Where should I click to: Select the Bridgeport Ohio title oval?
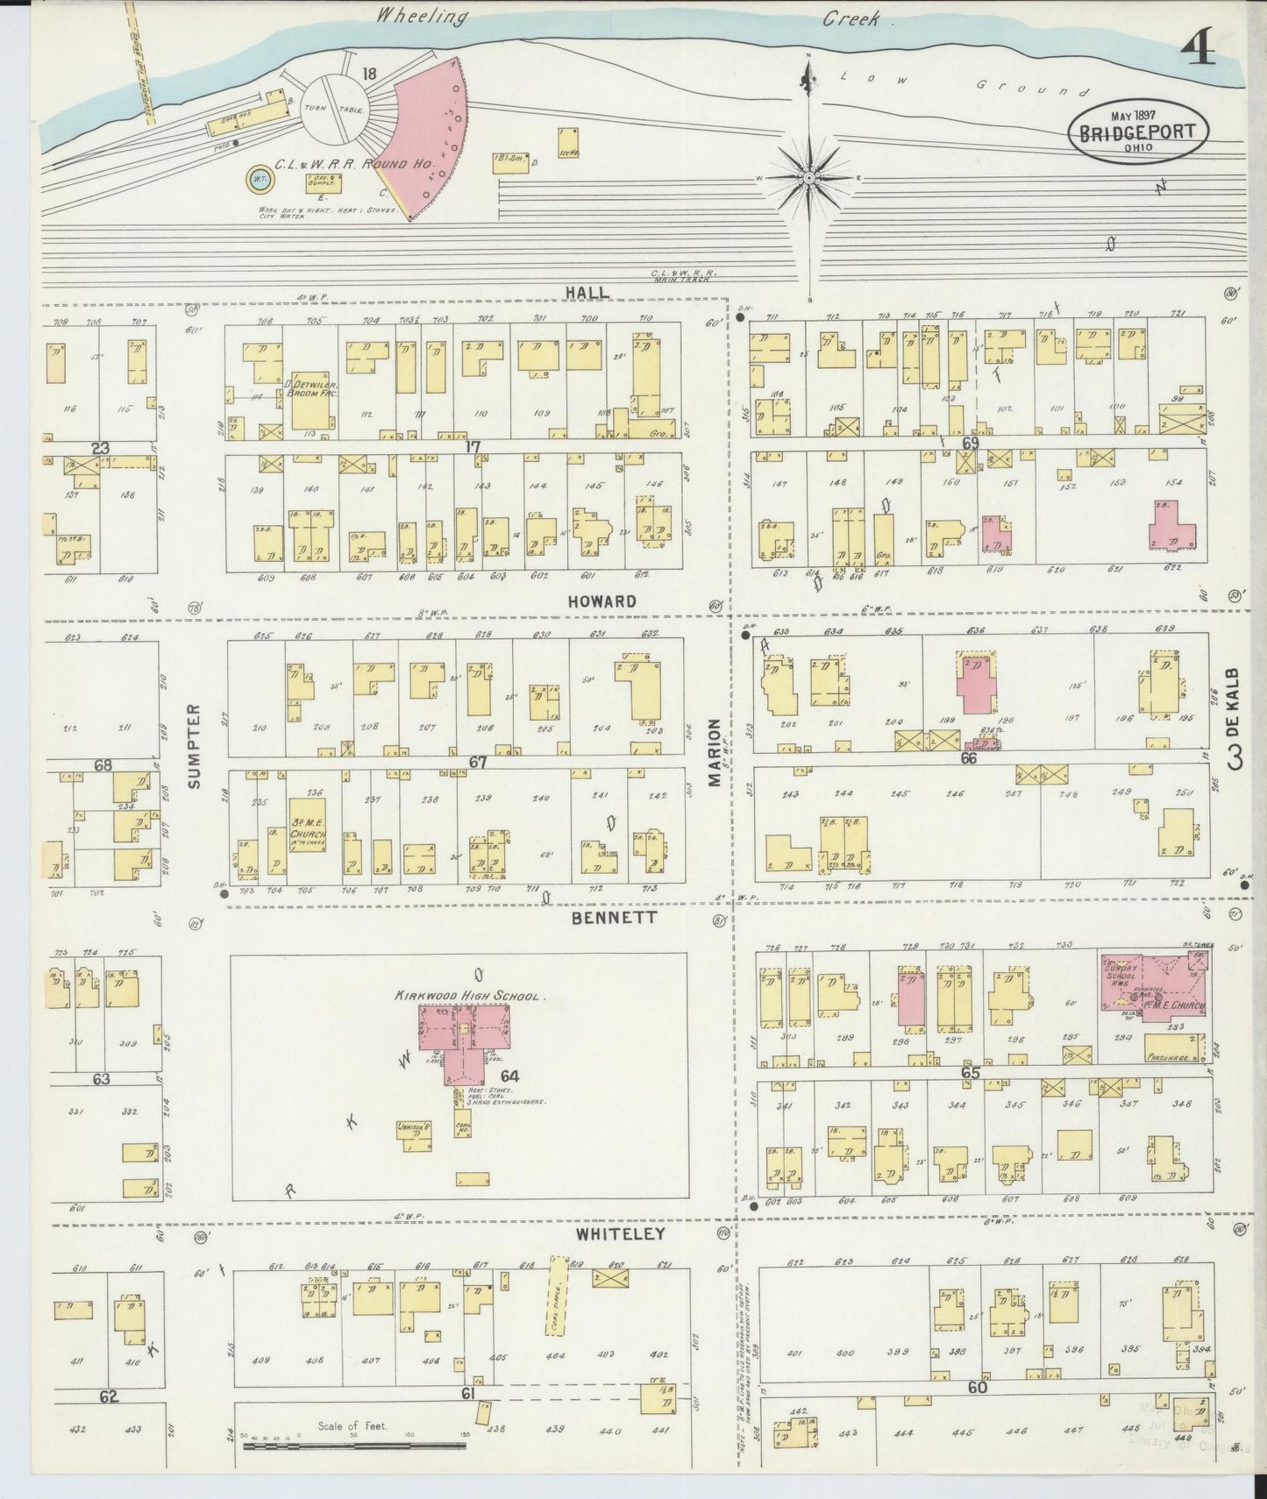(x=1138, y=132)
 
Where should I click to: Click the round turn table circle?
(x=334, y=108)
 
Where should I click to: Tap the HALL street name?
(x=586, y=292)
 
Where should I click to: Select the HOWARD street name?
(x=601, y=601)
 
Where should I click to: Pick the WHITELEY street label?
(x=620, y=1233)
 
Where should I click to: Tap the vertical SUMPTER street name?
(x=195, y=745)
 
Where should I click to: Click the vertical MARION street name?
(x=715, y=752)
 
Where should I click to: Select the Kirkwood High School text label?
(x=471, y=997)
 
